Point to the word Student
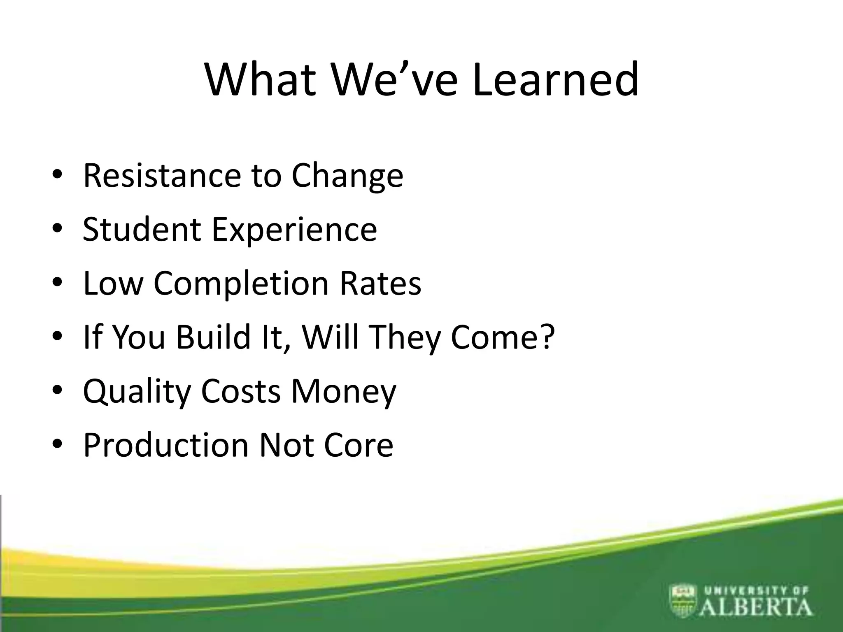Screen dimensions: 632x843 pyautogui.click(x=142, y=229)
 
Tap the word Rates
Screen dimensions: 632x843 pyautogui.click(x=380, y=283)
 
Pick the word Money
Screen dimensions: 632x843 pyautogui.click(x=343, y=392)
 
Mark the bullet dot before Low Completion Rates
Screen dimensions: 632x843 pyautogui.click(x=57, y=283)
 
